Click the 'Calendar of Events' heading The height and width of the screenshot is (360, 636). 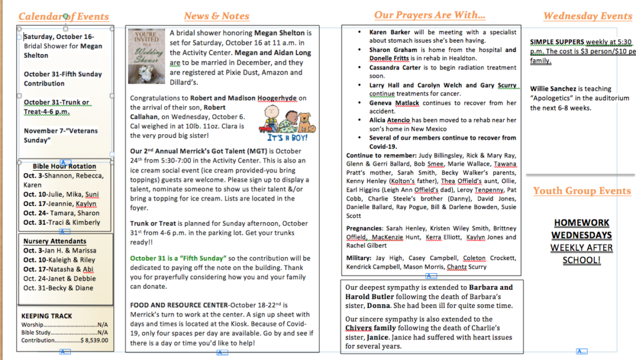coord(63,17)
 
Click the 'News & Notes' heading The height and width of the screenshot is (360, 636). coord(217,16)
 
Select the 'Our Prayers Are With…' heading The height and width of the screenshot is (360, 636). coord(430,15)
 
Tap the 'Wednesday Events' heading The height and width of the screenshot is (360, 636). coord(587,16)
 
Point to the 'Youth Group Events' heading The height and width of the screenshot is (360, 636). coord(581,191)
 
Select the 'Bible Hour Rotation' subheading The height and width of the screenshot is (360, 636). coord(64,166)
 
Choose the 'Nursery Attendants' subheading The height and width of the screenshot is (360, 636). coord(55,241)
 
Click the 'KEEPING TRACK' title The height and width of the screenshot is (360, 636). coord(47,316)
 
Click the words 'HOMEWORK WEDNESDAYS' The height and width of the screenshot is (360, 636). coord(581,229)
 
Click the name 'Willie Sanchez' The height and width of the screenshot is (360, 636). coord(553,89)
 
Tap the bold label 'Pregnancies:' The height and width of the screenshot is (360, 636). coord(364,228)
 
